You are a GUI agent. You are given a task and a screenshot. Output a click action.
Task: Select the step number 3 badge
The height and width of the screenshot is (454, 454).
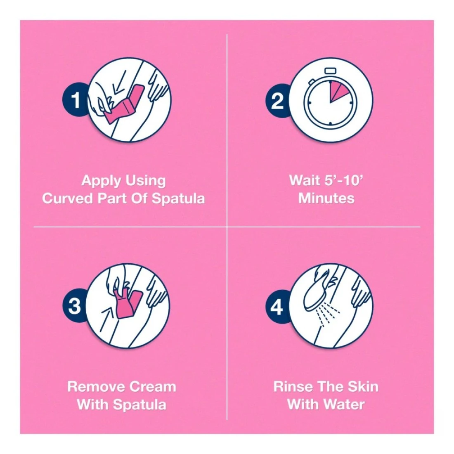click(x=74, y=306)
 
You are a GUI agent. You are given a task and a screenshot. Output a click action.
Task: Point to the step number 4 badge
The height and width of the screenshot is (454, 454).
click(x=277, y=307)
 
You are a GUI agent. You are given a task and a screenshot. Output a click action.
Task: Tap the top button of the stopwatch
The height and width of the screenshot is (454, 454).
click(x=330, y=71)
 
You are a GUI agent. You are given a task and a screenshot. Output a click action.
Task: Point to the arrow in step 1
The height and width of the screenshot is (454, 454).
click(x=120, y=83)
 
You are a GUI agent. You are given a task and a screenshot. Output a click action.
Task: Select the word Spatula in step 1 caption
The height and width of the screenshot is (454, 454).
click(x=179, y=199)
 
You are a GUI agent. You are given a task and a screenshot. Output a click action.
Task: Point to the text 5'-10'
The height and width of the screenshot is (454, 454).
click(x=343, y=180)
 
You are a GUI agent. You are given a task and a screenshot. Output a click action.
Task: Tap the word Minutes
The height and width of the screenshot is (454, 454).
click(x=326, y=199)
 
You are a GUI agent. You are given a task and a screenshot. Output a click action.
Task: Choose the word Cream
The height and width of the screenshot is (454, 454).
click(x=153, y=387)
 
